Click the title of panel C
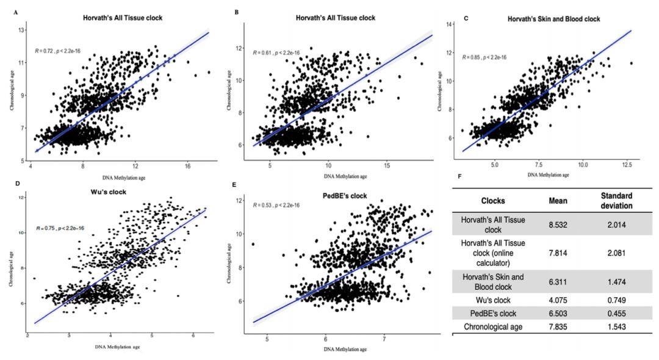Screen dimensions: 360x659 coord(553,19)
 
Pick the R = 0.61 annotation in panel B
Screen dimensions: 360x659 coord(276,52)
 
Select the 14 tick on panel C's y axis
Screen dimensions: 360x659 coord(449,24)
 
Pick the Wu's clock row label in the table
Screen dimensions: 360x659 coord(494,300)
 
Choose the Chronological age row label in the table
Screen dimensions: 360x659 coord(494,328)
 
